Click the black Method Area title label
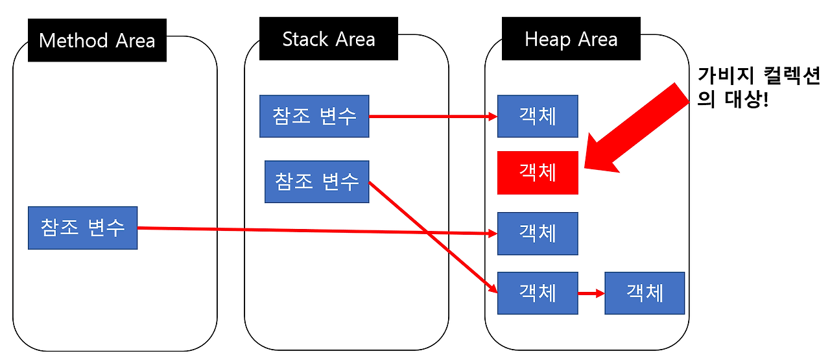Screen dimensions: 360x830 point(97,40)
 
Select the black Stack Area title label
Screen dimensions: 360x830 point(328,39)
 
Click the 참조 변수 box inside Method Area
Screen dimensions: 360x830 point(82,228)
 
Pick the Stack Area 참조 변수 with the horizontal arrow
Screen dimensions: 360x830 point(314,116)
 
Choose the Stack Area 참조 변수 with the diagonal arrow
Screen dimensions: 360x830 point(316,182)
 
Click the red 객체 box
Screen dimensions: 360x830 point(538,173)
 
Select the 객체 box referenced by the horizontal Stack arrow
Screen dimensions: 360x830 point(538,116)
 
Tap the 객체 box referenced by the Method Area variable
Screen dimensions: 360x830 point(538,233)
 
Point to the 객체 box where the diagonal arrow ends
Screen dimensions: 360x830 point(538,293)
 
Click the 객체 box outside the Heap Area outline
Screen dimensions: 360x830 point(645,293)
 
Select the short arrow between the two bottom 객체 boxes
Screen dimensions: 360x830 point(591,293)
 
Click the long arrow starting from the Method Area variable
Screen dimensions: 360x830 point(311,230)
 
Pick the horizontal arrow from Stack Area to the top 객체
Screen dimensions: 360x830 point(431,117)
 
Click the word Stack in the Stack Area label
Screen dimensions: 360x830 point(306,39)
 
